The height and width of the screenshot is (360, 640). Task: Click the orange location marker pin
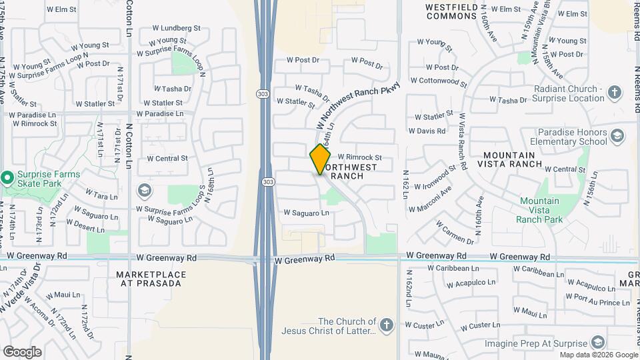point(320,159)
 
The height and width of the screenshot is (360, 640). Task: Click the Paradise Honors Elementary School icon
point(617,137)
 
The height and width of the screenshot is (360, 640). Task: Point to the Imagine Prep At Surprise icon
point(598,343)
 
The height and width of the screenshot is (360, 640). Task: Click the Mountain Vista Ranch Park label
point(541,210)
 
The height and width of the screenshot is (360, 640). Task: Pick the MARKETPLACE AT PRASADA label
point(148,279)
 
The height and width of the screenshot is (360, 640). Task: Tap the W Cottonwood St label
point(439,81)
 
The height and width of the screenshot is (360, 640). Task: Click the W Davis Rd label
point(427,131)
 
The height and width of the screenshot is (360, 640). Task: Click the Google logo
point(22,351)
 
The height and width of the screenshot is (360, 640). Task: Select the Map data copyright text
point(598,355)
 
